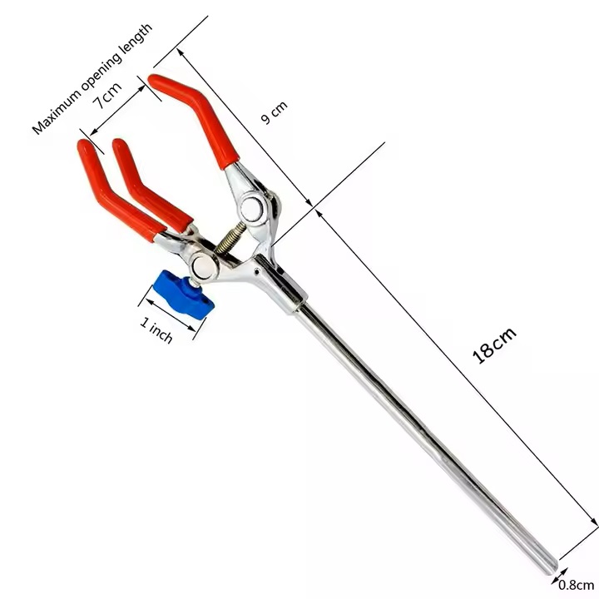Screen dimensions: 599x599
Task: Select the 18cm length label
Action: click(494, 344)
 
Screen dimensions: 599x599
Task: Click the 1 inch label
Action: click(156, 330)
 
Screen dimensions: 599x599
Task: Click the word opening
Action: click(102, 66)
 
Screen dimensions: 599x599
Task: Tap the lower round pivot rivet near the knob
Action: click(203, 267)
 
